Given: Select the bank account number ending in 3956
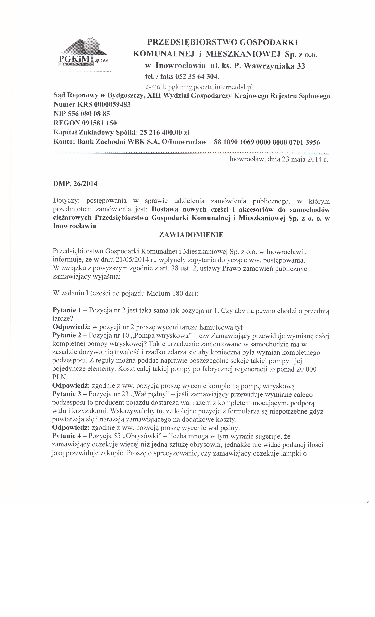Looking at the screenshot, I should tap(267, 142).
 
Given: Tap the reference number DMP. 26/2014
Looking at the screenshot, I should tap(75, 184).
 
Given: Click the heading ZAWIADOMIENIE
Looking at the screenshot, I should tap(191, 235).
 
